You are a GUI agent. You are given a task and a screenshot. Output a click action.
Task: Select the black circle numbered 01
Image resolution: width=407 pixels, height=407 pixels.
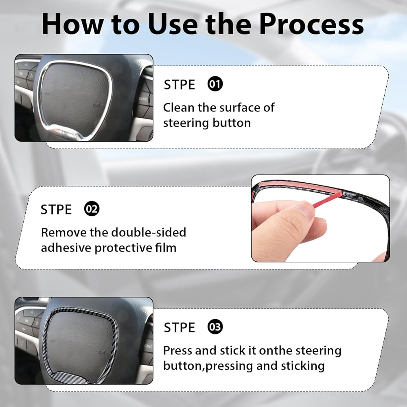click(x=215, y=84)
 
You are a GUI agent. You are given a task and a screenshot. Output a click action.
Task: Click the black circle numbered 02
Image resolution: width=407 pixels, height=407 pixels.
click(x=92, y=209)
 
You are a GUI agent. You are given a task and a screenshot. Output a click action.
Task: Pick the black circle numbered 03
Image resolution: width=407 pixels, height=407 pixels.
click(x=215, y=327)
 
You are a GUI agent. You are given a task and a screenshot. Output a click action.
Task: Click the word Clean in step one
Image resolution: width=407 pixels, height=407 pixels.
click(x=179, y=107)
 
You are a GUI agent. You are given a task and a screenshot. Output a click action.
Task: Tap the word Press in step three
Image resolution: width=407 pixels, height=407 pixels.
click(x=178, y=350)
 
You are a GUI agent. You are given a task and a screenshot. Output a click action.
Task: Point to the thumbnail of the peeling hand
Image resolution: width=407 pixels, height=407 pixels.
click(x=320, y=218)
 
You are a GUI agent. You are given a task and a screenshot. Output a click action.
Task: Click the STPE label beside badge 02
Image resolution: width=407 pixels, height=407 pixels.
click(x=56, y=210)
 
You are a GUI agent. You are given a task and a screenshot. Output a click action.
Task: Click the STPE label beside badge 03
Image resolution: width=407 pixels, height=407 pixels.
click(x=179, y=328)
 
